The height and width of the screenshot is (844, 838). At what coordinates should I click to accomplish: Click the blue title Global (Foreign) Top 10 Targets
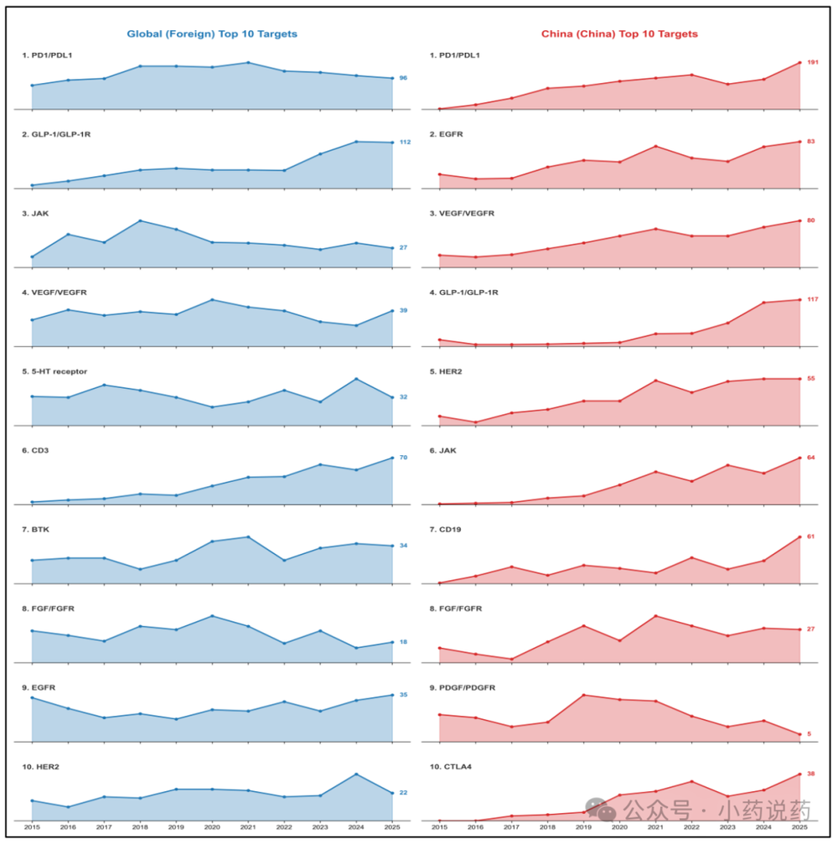point(212,34)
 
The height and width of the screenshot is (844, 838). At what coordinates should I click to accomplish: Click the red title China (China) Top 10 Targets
point(619,34)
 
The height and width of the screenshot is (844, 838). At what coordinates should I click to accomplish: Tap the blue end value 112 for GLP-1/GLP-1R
point(405,142)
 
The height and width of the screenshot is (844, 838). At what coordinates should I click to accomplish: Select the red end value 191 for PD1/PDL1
point(812,62)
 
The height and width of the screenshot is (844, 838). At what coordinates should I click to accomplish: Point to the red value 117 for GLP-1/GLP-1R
point(812,299)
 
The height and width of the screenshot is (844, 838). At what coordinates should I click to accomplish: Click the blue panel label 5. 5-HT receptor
point(54,371)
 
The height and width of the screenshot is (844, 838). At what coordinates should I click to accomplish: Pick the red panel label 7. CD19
point(445,530)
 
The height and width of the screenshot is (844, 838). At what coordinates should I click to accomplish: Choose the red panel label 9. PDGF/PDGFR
point(463,688)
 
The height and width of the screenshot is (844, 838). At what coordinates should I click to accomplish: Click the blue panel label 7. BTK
point(35,530)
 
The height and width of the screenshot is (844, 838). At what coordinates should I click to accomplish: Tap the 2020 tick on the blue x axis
point(212,827)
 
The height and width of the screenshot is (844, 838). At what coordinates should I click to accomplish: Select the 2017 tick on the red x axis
point(511,827)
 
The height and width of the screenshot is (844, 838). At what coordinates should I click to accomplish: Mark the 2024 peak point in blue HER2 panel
point(356,774)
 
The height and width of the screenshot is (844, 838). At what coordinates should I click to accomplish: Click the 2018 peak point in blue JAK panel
point(140,220)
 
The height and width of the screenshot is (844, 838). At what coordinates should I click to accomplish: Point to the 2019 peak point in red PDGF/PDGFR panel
point(583,695)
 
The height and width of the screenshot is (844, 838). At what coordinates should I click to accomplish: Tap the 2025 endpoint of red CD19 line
point(799,536)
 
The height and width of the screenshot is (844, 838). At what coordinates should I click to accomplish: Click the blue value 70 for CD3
point(403,458)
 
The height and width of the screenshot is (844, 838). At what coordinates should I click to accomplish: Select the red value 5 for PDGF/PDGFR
point(809,734)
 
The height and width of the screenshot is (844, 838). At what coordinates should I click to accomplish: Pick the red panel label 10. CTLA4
point(451,767)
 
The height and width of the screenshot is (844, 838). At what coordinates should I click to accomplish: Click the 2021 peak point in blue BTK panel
point(248,536)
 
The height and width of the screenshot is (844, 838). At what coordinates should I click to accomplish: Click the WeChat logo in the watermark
point(600,809)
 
